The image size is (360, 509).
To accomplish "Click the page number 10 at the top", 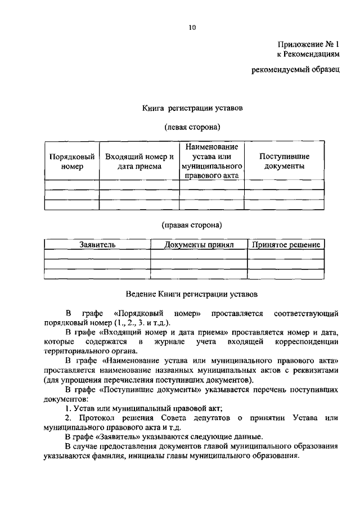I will coord(192,26).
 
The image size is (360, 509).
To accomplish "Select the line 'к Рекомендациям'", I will coord(308,55).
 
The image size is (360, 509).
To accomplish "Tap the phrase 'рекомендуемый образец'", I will coord(295,70).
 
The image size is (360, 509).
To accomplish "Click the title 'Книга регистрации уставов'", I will coord(192,107).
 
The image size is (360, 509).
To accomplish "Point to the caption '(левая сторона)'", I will coord(192,128).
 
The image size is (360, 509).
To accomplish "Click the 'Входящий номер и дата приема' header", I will coord(139,161).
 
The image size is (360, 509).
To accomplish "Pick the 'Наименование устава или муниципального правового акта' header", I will coord(211,161).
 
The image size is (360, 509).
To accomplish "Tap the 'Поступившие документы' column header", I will coord(284,161).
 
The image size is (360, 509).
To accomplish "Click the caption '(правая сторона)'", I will coord(192,226).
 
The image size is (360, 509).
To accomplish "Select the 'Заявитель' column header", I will coord(97,245).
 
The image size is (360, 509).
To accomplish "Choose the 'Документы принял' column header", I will coord(199,245).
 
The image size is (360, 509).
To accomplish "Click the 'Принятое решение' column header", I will coord(286,245).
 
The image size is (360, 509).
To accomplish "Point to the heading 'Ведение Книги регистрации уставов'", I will coord(192,294).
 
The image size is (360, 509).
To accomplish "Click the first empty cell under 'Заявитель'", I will coord(97,254).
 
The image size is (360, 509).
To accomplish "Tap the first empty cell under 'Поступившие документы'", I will coord(284,184).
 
